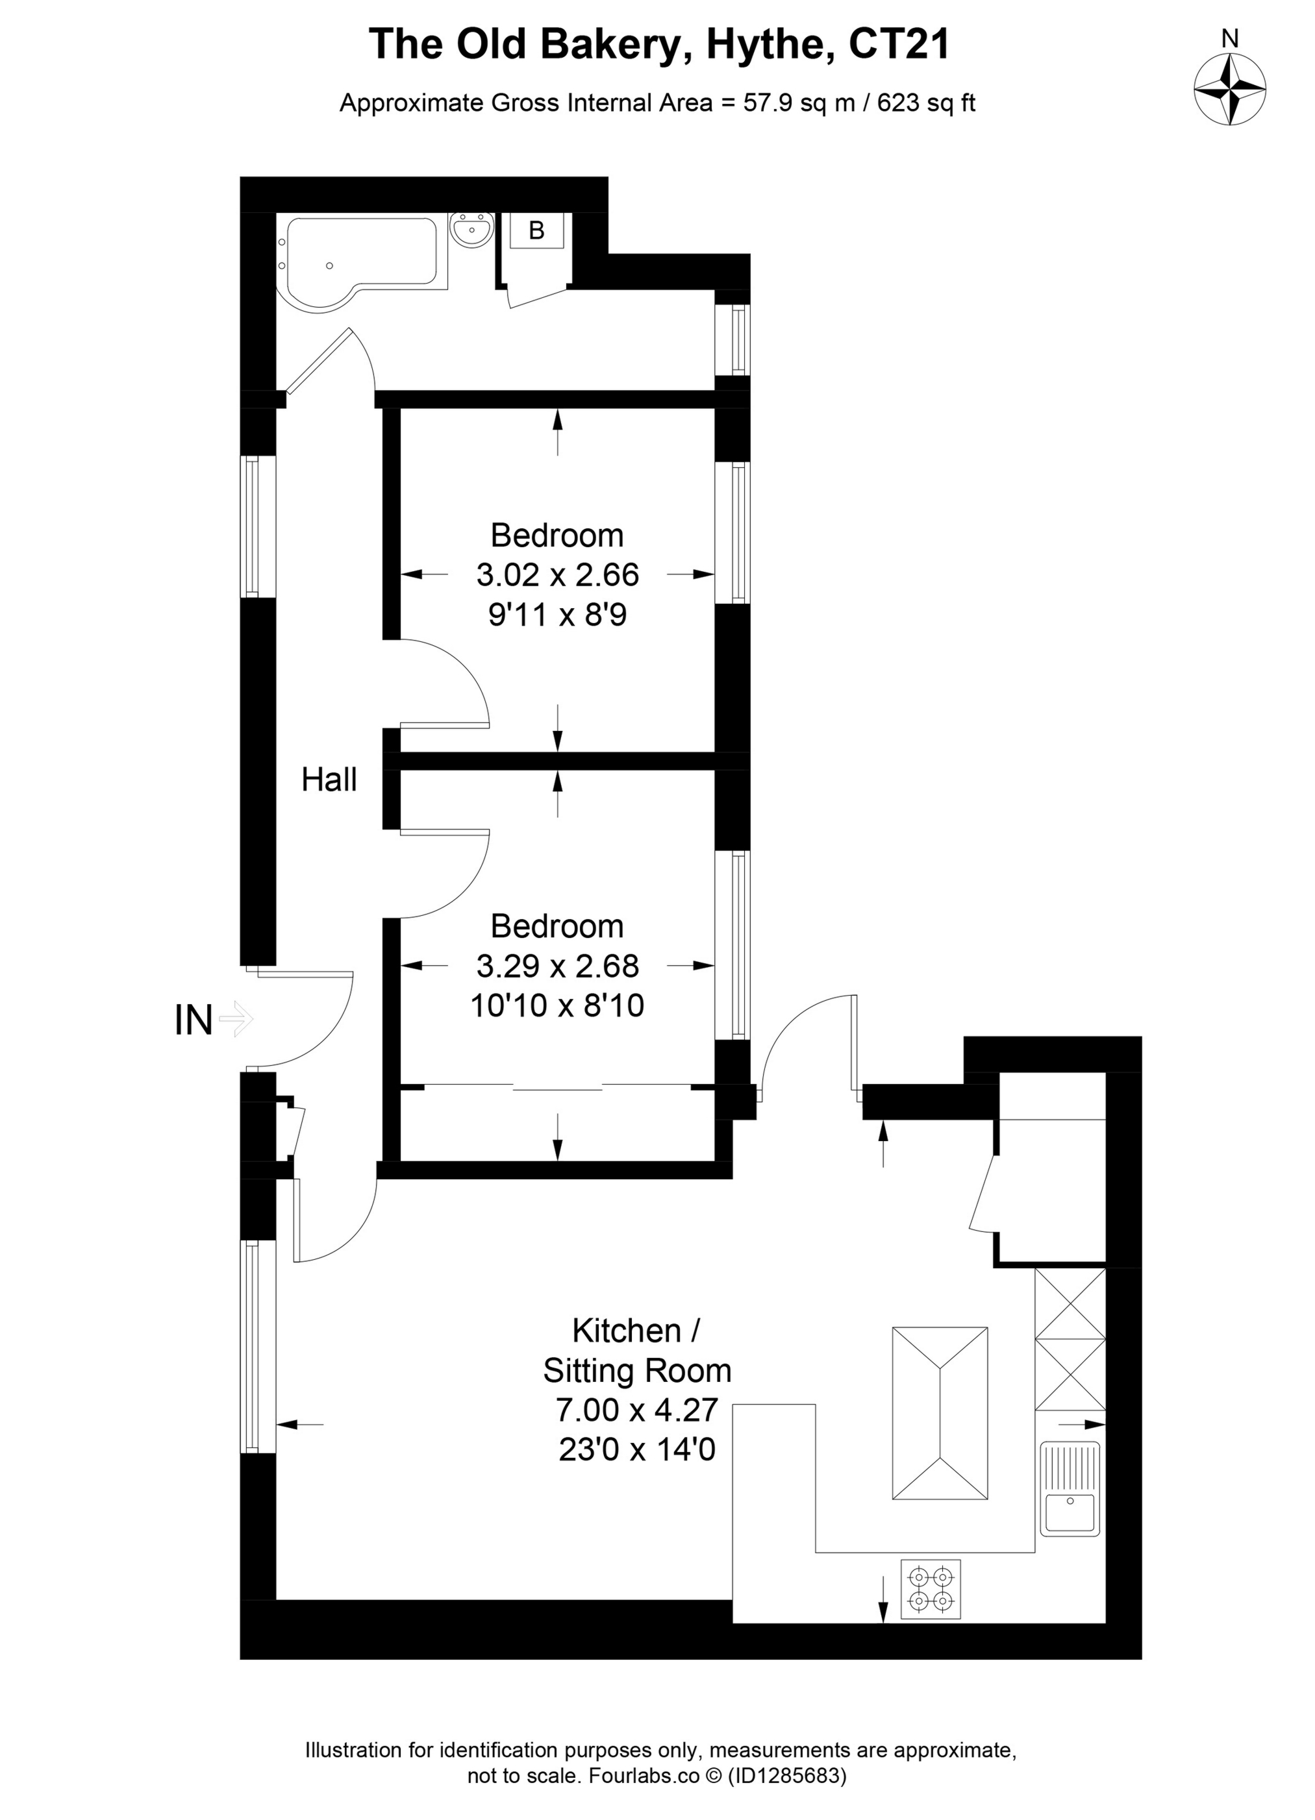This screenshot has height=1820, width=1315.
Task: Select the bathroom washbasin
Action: click(471, 230)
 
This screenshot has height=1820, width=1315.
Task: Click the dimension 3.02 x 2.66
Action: click(557, 574)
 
